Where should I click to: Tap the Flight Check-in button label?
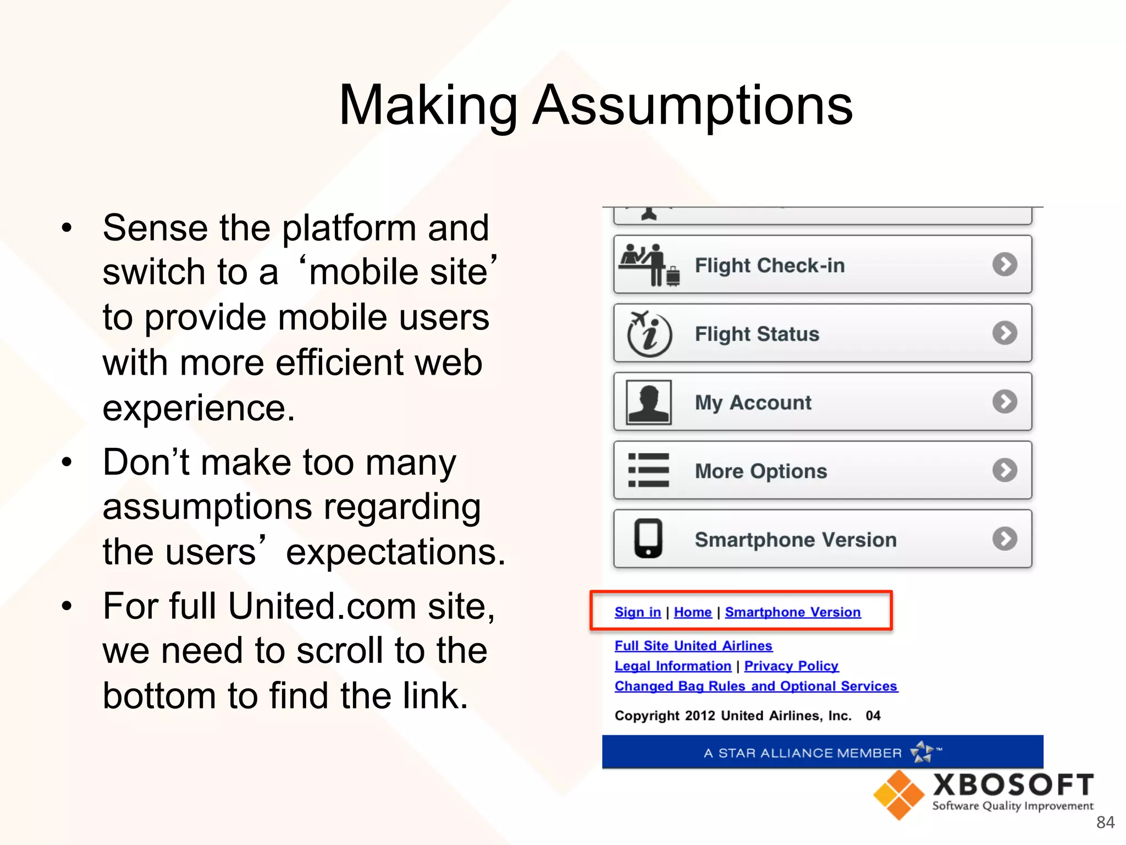(x=769, y=266)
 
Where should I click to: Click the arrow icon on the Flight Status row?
(x=1004, y=333)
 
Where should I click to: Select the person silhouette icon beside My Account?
(x=649, y=402)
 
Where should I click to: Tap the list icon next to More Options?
(x=649, y=470)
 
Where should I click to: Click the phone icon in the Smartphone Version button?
(x=648, y=539)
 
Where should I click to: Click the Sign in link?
(x=637, y=612)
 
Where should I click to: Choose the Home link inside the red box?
(x=692, y=612)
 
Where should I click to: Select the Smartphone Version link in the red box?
(x=792, y=612)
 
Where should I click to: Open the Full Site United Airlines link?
(x=693, y=646)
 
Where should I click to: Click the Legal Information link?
(x=672, y=666)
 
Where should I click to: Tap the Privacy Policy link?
(x=791, y=666)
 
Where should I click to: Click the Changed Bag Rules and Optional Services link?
(x=755, y=687)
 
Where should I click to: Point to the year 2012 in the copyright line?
(x=700, y=716)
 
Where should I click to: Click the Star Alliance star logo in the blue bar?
(x=922, y=752)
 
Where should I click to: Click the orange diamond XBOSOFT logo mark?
(x=898, y=795)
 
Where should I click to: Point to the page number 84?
(x=1105, y=822)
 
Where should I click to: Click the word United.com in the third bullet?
(x=322, y=606)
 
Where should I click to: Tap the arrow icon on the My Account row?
(x=1004, y=402)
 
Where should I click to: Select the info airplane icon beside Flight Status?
(x=649, y=333)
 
